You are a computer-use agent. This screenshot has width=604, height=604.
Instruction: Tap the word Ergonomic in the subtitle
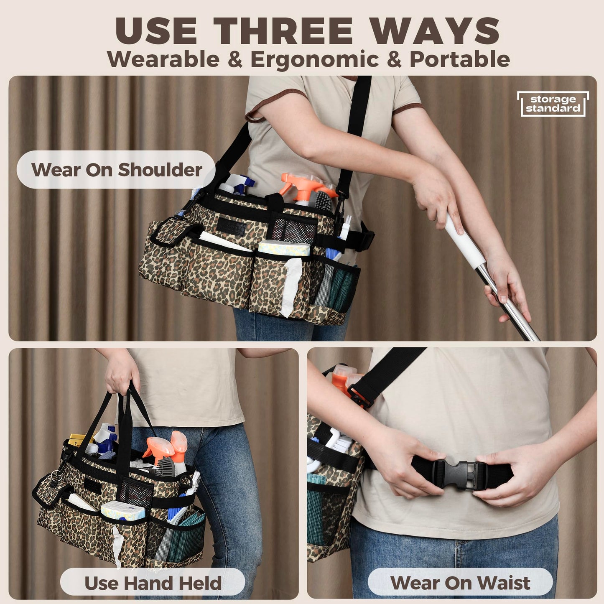(x=314, y=59)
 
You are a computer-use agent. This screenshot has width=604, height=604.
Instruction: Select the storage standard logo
(x=553, y=104)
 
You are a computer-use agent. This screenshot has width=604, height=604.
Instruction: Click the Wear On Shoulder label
(x=116, y=170)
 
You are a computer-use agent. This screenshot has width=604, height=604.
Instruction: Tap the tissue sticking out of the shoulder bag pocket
(x=291, y=287)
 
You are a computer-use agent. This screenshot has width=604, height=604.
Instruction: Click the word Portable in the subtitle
(x=459, y=59)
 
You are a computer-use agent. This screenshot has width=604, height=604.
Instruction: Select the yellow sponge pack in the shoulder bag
(x=284, y=247)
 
